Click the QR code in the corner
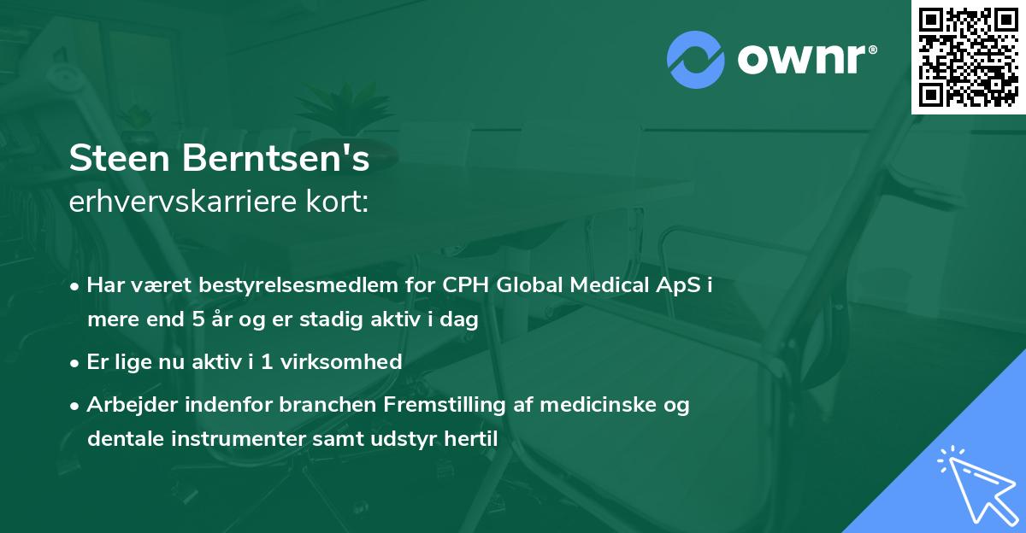[968, 56]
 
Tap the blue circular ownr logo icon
[695, 59]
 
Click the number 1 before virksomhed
[266, 362]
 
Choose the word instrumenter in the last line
[218, 439]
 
